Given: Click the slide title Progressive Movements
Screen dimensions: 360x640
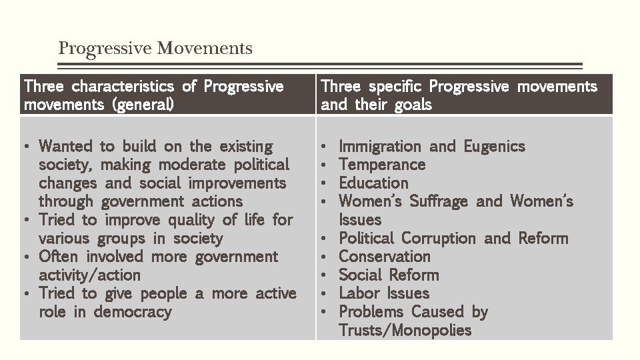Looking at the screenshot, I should click(x=155, y=49).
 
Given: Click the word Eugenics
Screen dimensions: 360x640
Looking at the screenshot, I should click(x=494, y=147).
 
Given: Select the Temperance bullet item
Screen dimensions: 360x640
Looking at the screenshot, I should click(x=381, y=165).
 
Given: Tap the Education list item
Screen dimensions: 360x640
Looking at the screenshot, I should click(x=373, y=183).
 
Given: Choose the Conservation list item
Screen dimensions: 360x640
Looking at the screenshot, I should click(x=384, y=257).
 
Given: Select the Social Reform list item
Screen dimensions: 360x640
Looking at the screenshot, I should click(x=389, y=275).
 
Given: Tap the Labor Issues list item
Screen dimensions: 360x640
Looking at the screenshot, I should click(x=384, y=293).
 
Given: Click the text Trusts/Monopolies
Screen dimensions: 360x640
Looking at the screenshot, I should click(x=405, y=330).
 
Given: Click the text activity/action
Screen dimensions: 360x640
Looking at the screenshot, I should click(x=89, y=275).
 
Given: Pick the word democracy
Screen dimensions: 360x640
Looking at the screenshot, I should click(x=132, y=312).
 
